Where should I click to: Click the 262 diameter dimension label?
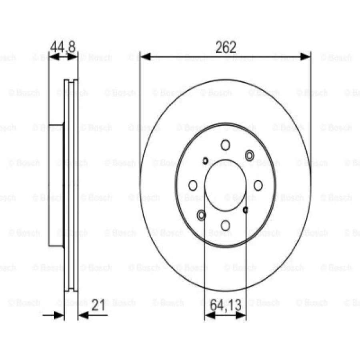point(226,47)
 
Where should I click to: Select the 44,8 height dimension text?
point(62,47)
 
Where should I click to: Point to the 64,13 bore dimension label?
point(225,306)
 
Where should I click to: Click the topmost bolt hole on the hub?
point(226,145)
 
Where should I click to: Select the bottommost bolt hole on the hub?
point(226,226)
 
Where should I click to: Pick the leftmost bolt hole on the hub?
point(193,185)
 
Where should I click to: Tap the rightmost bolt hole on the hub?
point(258,185)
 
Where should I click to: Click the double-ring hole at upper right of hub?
point(250,155)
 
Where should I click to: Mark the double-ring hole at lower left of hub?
point(202,216)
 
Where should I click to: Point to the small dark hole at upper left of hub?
point(205,161)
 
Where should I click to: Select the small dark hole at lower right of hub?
point(246,210)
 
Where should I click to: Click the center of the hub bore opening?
point(226,185)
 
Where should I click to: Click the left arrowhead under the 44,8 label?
point(53,57)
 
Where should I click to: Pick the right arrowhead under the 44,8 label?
point(73,57)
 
